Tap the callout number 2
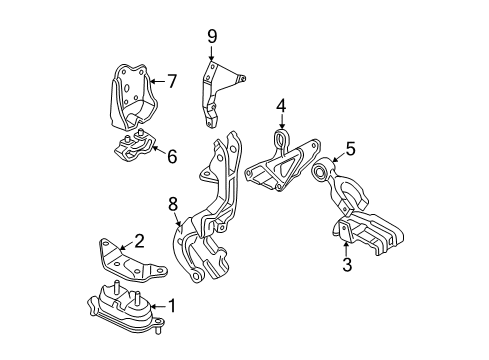[139, 239]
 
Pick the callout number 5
[350, 150]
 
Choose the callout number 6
[172, 156]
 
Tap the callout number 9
[211, 37]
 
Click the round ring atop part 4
[281, 137]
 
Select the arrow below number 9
[211, 56]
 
